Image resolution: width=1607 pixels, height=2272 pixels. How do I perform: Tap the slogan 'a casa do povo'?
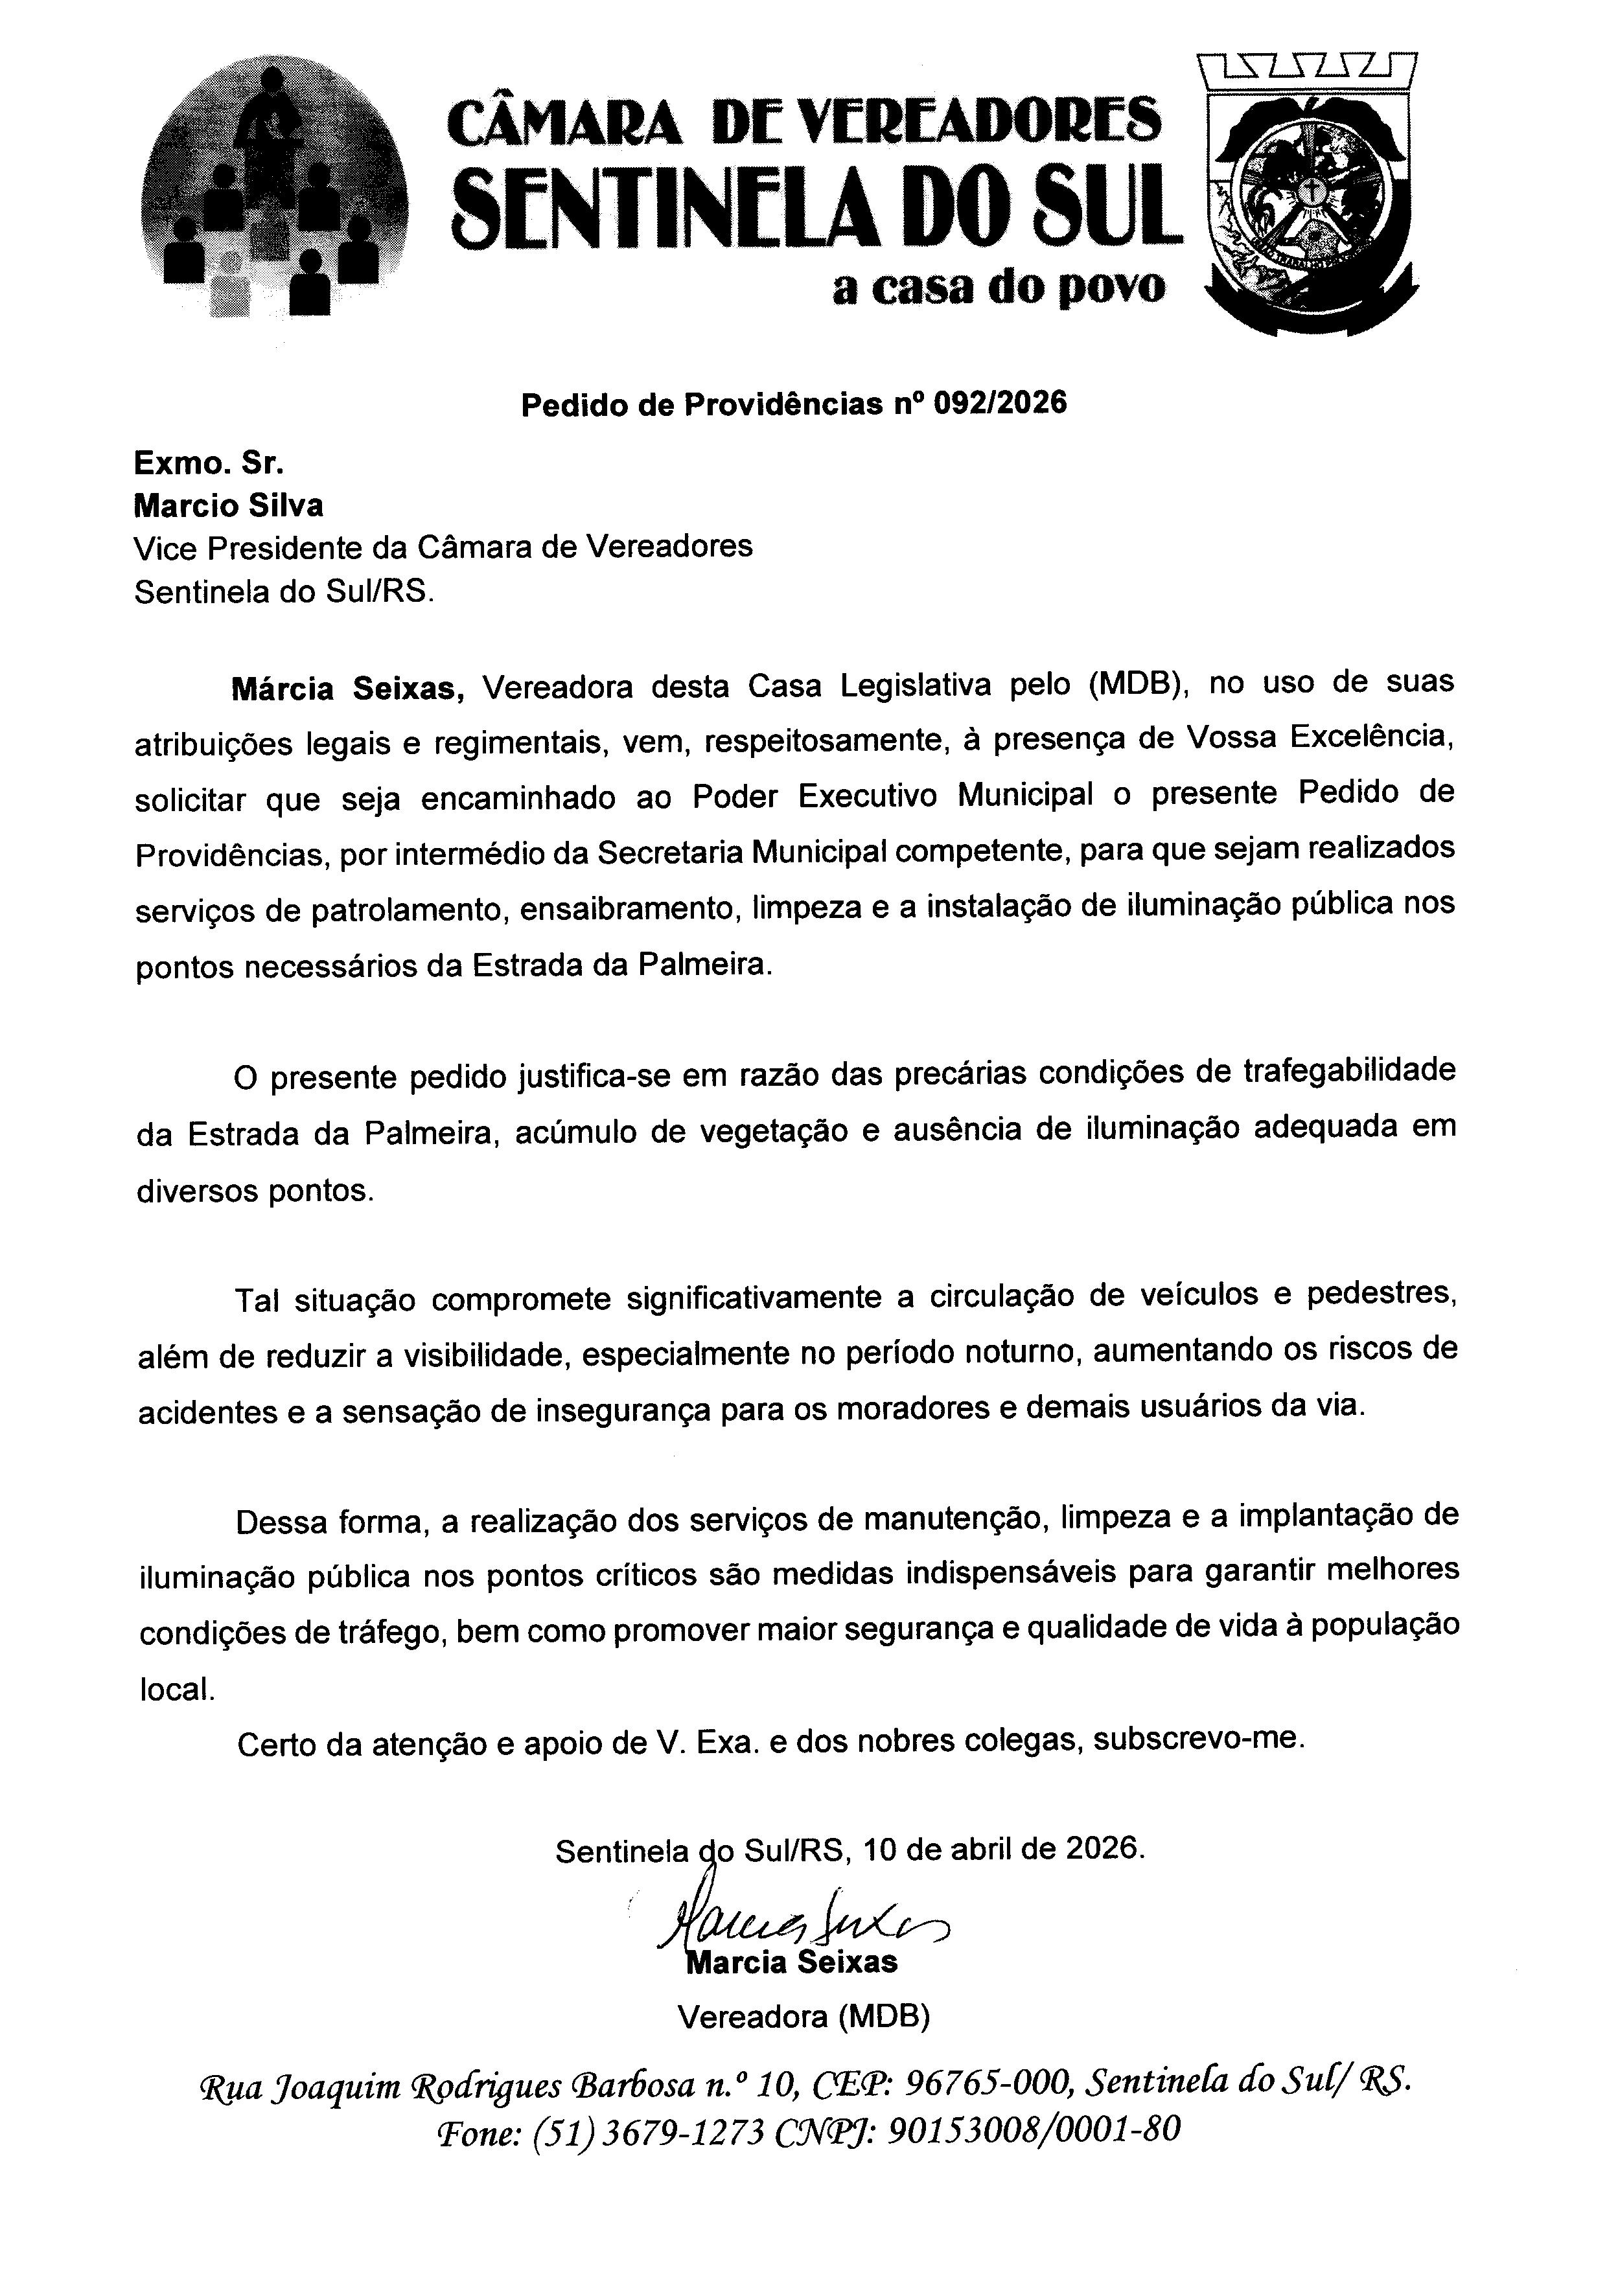(999, 287)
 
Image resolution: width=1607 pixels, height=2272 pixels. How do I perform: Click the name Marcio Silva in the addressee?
(229, 506)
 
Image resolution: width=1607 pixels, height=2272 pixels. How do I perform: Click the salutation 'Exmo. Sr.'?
(209, 462)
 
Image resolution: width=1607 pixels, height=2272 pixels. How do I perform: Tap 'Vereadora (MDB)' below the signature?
(802, 2015)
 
